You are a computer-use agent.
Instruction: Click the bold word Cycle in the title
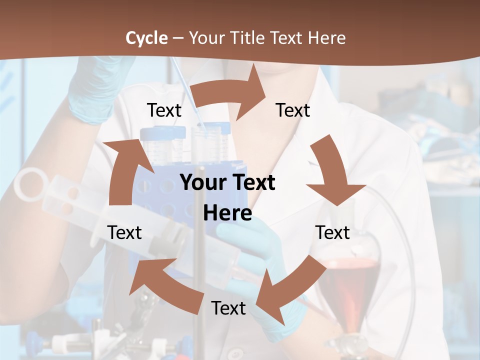[x=146, y=38]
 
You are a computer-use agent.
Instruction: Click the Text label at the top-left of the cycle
[x=164, y=110]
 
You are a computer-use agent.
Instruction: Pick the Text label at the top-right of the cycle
[x=293, y=110]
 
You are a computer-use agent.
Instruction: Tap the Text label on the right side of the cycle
[x=332, y=232]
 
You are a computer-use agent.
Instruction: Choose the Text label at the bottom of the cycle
[x=228, y=308]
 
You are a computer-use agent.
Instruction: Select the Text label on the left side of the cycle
[x=124, y=232]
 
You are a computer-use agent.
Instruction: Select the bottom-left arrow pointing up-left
[x=160, y=280]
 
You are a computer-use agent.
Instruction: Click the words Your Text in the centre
[x=227, y=182]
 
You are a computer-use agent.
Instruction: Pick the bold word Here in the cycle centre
[x=227, y=213]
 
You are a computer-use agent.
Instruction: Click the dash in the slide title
[x=178, y=38]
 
